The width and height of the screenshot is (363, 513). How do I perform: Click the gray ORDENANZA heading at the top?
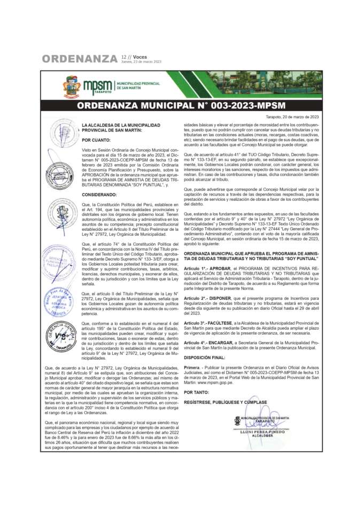pos(80,58)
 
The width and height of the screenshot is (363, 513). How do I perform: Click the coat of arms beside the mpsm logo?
pos(72,86)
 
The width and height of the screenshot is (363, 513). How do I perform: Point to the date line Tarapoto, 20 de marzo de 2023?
pos(292,116)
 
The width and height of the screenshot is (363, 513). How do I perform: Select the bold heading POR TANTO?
pos(196,392)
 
